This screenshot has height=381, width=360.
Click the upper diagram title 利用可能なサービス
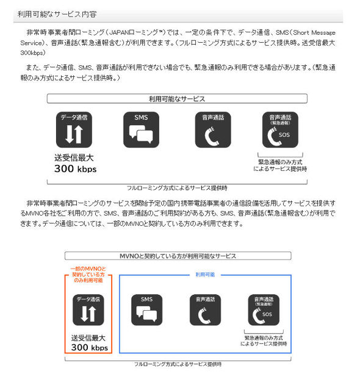177,98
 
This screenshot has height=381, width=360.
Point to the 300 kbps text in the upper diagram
76,169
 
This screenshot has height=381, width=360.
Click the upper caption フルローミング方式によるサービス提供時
177,187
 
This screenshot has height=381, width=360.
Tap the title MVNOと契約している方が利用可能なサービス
178,256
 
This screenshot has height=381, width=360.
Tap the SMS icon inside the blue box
146,310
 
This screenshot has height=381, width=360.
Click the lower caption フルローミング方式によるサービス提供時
178,364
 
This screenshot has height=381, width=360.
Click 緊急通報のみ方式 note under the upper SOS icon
283,165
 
